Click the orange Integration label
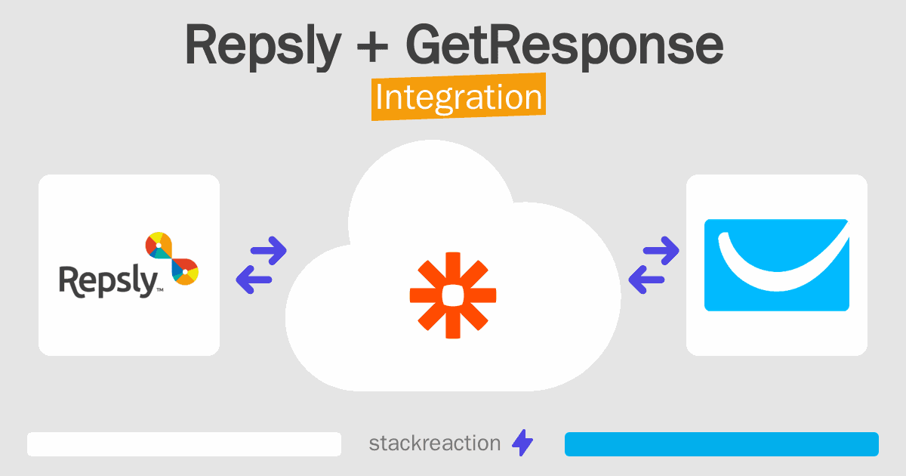(x=458, y=97)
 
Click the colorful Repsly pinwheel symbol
(x=171, y=259)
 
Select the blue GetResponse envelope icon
(x=777, y=265)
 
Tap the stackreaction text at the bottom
(x=434, y=443)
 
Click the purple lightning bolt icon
(x=522, y=444)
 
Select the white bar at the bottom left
(x=184, y=444)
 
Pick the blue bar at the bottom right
(x=721, y=444)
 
